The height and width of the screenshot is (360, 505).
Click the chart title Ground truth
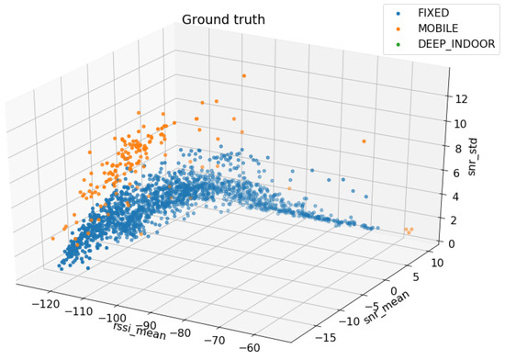224,19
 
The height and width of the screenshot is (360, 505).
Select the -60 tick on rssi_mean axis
273,347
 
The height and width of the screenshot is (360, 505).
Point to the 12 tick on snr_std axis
462,100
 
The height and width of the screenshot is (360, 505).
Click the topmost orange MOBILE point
244,75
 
